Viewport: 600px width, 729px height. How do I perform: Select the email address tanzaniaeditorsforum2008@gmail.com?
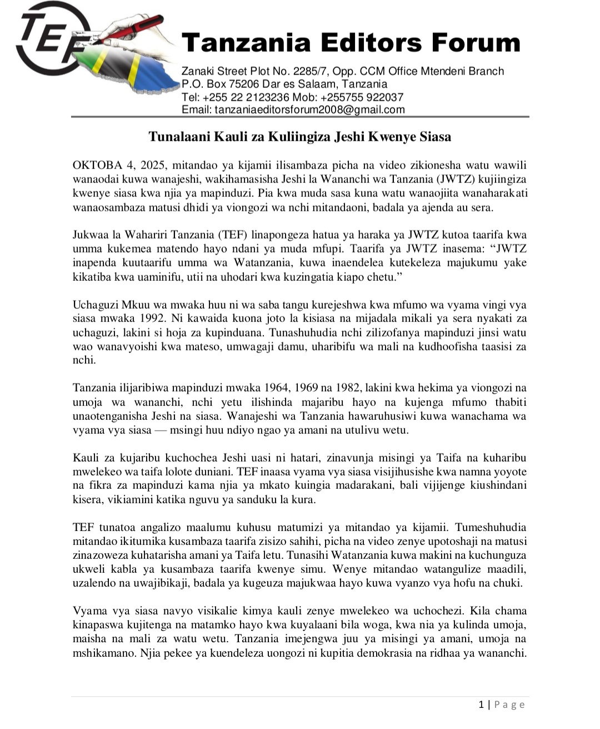(309, 110)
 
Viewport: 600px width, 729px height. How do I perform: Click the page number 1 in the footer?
(481, 705)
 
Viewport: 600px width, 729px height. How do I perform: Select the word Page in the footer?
(509, 705)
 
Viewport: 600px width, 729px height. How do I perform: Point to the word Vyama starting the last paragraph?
(88, 611)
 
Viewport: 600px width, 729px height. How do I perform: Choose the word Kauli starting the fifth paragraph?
(86, 458)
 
